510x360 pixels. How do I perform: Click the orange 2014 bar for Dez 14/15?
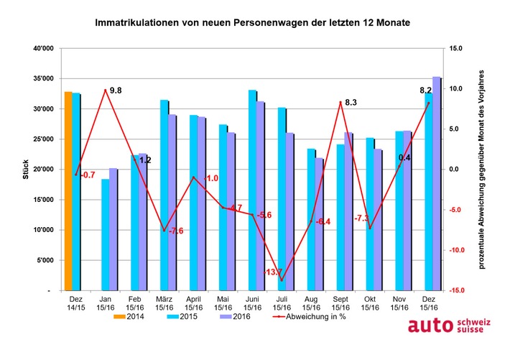pos(68,191)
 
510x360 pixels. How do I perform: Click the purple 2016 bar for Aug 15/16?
pos(319,223)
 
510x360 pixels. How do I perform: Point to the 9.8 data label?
pos(115,91)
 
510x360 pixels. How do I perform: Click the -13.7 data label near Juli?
pos(274,272)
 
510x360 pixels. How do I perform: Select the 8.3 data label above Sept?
pos(351,103)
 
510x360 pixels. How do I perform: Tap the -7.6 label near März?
pos(175,231)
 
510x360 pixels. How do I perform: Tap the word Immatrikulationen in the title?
pos(139,23)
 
